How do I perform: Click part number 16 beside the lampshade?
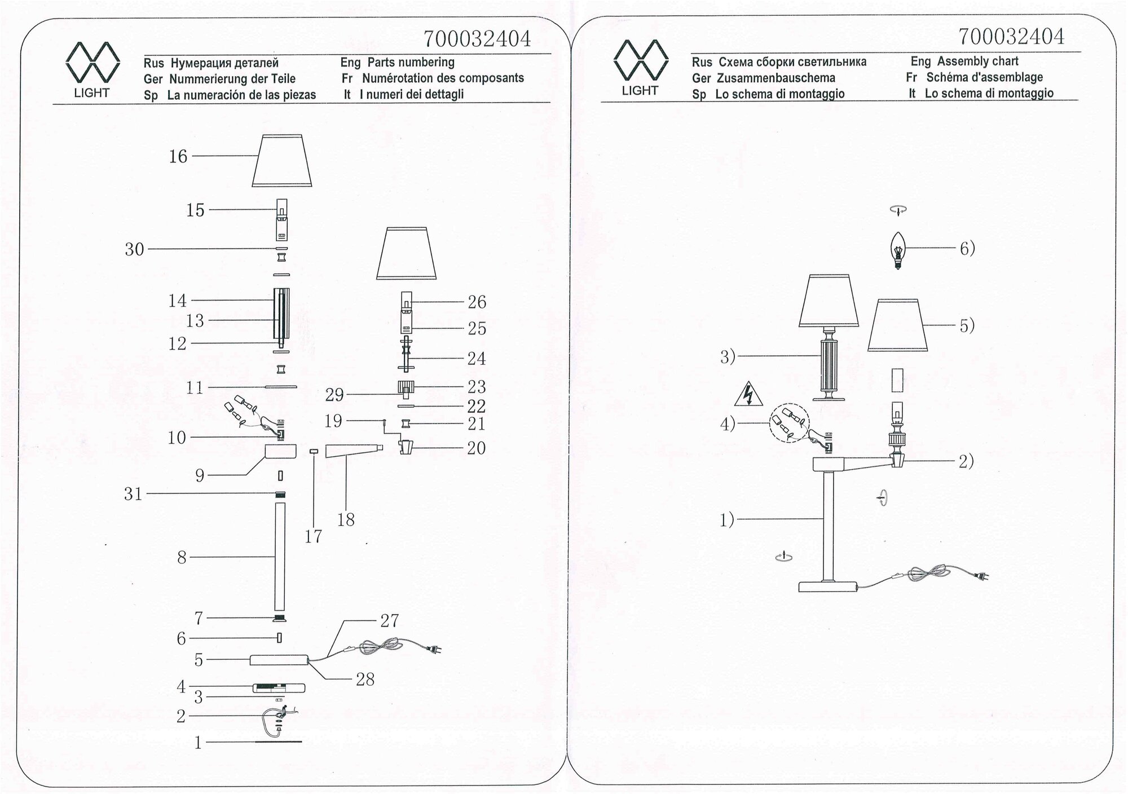[178, 156]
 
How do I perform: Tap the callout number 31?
[133, 494]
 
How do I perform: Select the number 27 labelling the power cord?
[389, 621]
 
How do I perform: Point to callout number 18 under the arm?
[346, 519]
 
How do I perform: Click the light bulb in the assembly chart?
[897, 250]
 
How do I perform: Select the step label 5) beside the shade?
[967, 325]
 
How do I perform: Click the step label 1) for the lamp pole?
[727, 519]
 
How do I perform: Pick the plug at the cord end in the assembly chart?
[982, 576]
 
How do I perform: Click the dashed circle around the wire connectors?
[789, 422]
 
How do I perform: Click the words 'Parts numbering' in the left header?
[411, 63]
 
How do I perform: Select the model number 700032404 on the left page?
[477, 39]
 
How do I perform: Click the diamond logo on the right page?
[640, 60]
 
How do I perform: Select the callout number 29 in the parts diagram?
[334, 395]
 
